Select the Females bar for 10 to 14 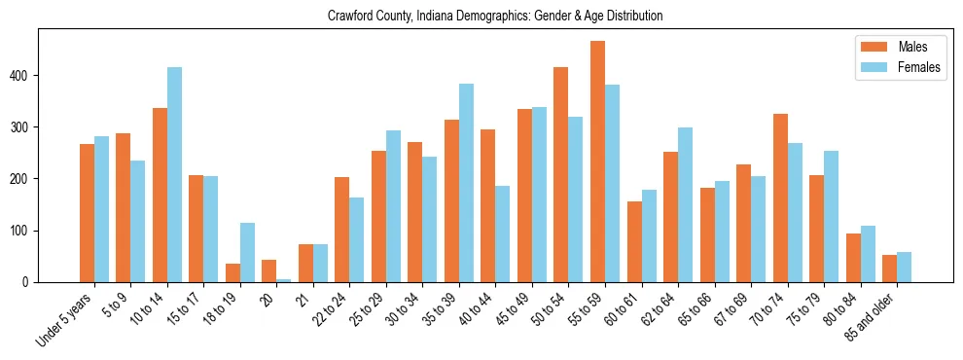pos(174,175)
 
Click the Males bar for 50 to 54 pos(561,175)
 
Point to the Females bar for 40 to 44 pos(503,234)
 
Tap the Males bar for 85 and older pos(889,269)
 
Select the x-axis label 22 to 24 pos(328,309)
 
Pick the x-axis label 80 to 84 pos(839,309)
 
